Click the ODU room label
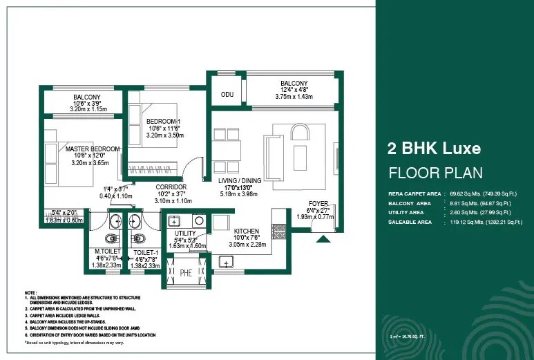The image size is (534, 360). click(x=227, y=94)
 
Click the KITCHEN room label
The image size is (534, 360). click(x=247, y=231)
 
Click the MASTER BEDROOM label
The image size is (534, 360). click(x=93, y=149)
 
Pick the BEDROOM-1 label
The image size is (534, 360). click(x=164, y=121)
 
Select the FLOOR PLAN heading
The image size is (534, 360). click(x=435, y=173)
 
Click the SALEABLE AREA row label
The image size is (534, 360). click(x=410, y=222)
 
